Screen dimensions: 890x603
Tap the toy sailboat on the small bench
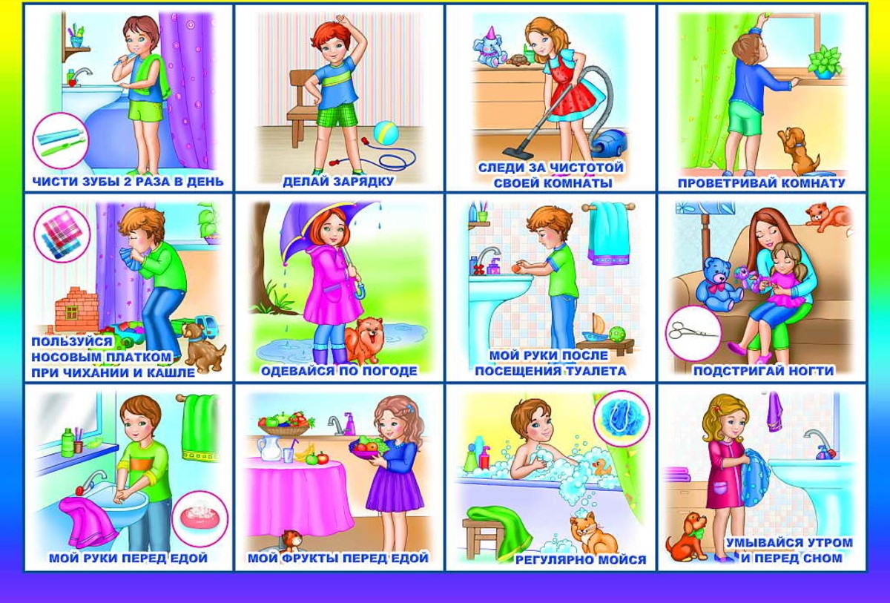pos(595,329)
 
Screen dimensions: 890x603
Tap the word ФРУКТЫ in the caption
pos(310,558)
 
